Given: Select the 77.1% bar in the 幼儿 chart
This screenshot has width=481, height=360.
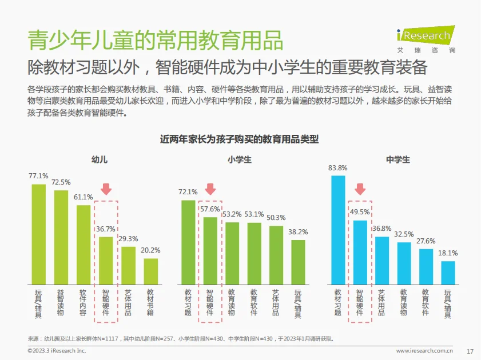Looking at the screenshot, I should click(39, 234).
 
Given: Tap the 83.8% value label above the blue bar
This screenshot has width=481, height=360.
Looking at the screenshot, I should click(338, 168).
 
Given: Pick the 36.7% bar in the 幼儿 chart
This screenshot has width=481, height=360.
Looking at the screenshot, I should click(106, 261).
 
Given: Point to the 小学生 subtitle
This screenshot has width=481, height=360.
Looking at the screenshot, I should click(239, 159).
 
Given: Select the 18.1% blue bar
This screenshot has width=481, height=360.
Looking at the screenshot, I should click(448, 273).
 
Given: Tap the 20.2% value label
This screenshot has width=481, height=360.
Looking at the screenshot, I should click(150, 250).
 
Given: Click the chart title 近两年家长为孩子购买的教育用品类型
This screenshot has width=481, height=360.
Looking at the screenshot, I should click(240, 139).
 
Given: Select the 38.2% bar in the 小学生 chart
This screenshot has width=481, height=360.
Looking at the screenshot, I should click(298, 262).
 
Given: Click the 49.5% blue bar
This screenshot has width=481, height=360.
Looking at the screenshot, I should click(360, 253).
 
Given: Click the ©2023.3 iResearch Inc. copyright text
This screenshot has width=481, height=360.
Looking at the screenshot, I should click(57, 350).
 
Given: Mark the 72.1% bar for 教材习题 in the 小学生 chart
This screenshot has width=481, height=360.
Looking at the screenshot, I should click(188, 242).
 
